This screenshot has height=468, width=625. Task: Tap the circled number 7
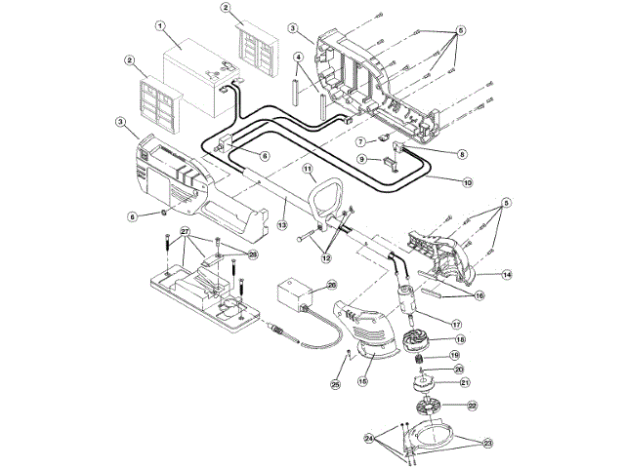click(360, 141)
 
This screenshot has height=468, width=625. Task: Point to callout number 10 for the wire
click(467, 182)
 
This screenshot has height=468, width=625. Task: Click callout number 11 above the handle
click(307, 169)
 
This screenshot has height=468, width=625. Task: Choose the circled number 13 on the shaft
click(283, 224)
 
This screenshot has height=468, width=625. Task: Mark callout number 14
click(507, 275)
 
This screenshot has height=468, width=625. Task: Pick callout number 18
click(460, 339)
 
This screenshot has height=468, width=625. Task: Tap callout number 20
click(459, 370)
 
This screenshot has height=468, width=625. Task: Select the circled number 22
click(471, 405)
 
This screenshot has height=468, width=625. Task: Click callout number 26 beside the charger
click(331, 285)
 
